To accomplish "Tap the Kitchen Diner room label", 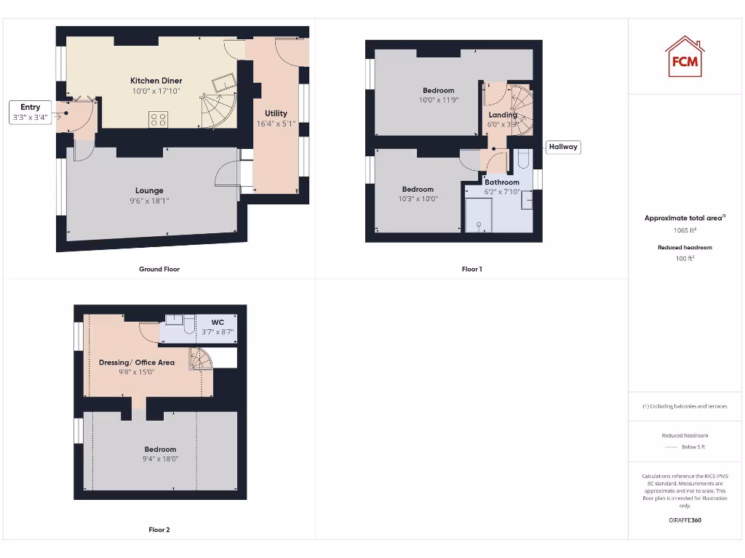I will coord(156,81).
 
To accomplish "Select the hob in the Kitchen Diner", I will coord(159,119).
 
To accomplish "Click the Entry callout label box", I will coord(31,112).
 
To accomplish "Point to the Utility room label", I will coord(276,113).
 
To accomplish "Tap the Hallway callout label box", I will coord(563,147).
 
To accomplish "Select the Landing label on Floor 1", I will coord(502,115).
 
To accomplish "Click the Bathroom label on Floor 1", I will coord(502,182).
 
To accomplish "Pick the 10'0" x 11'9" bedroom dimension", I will coord(438,100).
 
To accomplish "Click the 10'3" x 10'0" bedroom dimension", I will coord(418,199).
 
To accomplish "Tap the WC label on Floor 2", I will coord(218,322).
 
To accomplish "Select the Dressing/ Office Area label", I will coord(137,363).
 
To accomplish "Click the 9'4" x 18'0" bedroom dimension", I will coord(160,459).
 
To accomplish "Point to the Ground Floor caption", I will coord(159,269).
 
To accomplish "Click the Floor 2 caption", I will coord(159,530).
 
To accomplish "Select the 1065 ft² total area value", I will coord(685,230).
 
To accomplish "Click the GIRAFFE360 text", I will coord(685,520).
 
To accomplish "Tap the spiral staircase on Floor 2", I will coord(200,359).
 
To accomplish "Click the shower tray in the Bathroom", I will coord(479,216).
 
